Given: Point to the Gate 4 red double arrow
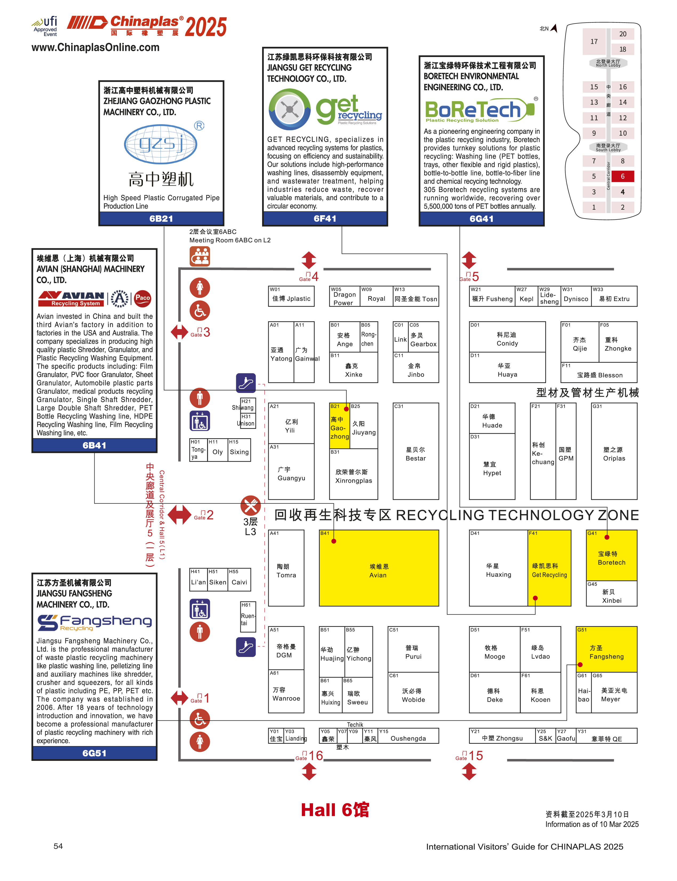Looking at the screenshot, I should (309, 260).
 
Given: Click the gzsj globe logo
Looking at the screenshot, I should (161, 144).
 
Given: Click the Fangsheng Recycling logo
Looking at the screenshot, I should (94, 622).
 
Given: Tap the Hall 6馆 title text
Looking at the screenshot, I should (335, 810).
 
